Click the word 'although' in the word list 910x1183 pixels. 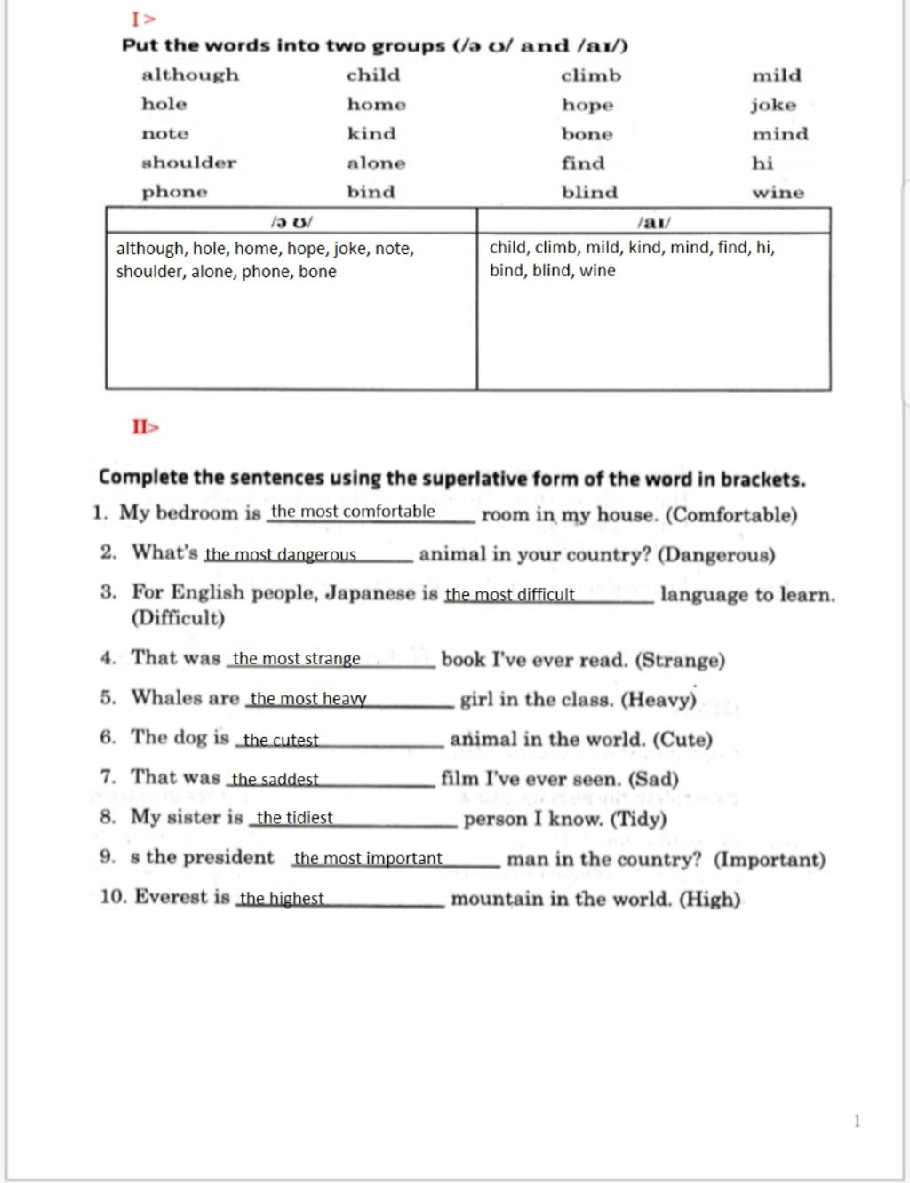point(190,75)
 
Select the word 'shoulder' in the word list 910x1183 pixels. point(188,163)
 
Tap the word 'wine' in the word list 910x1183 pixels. point(778,193)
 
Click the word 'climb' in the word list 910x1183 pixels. point(591,76)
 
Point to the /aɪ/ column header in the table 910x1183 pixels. point(654,222)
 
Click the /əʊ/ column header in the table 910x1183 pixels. point(291,221)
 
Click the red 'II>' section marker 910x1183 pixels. point(146,427)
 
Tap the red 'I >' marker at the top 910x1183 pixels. point(143,19)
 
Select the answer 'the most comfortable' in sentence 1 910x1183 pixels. point(353,512)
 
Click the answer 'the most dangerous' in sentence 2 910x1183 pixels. point(281,555)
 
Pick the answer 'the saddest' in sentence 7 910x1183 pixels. point(275,780)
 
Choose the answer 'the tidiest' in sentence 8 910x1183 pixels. point(294,818)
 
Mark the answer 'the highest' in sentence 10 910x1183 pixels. point(282,899)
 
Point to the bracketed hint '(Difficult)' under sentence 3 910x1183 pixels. point(178,618)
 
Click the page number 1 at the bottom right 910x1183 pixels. point(857,1121)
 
